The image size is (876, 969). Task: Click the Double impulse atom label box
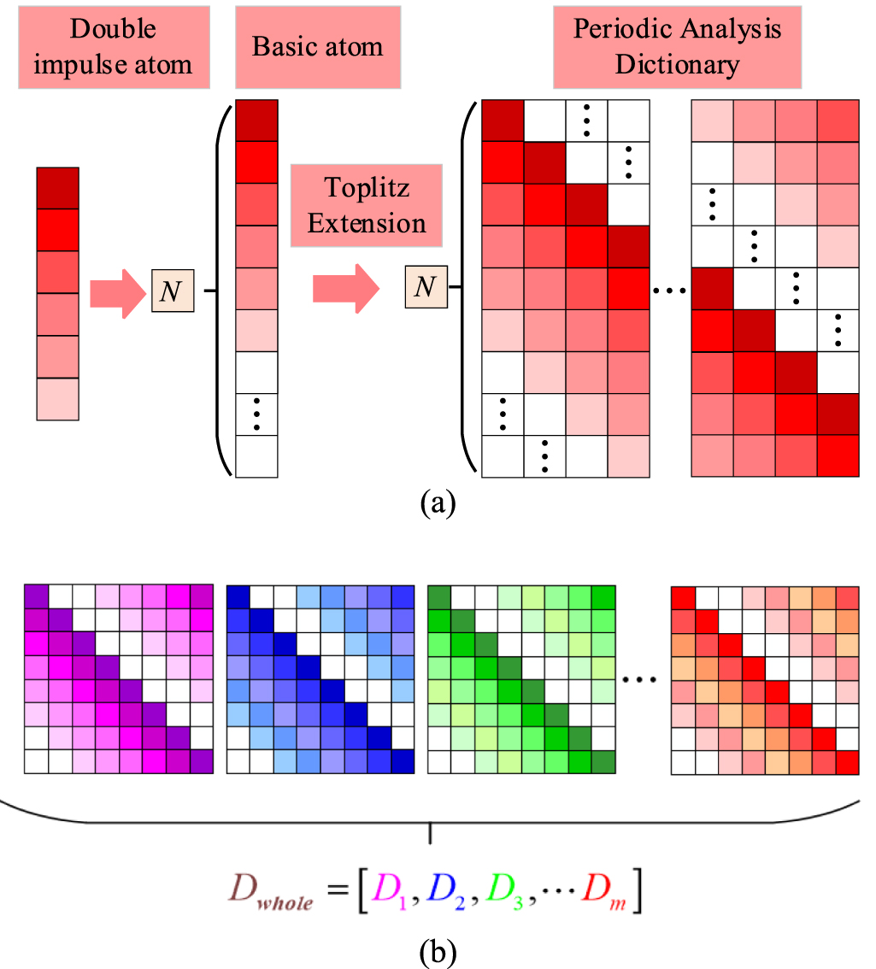pyautogui.click(x=115, y=47)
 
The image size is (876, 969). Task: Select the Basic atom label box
pyautogui.click(x=316, y=47)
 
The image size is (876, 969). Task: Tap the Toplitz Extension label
pyautogui.click(x=367, y=206)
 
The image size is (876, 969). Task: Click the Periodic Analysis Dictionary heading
pyautogui.click(x=677, y=47)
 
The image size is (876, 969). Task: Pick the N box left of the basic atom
pyautogui.click(x=172, y=291)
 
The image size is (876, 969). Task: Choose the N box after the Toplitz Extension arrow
pyautogui.click(x=425, y=287)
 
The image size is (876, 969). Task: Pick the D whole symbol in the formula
pyautogui.click(x=268, y=893)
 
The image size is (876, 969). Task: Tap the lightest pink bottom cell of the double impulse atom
pyautogui.click(x=57, y=399)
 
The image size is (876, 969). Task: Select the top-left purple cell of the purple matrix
pyautogui.click(x=35, y=596)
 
